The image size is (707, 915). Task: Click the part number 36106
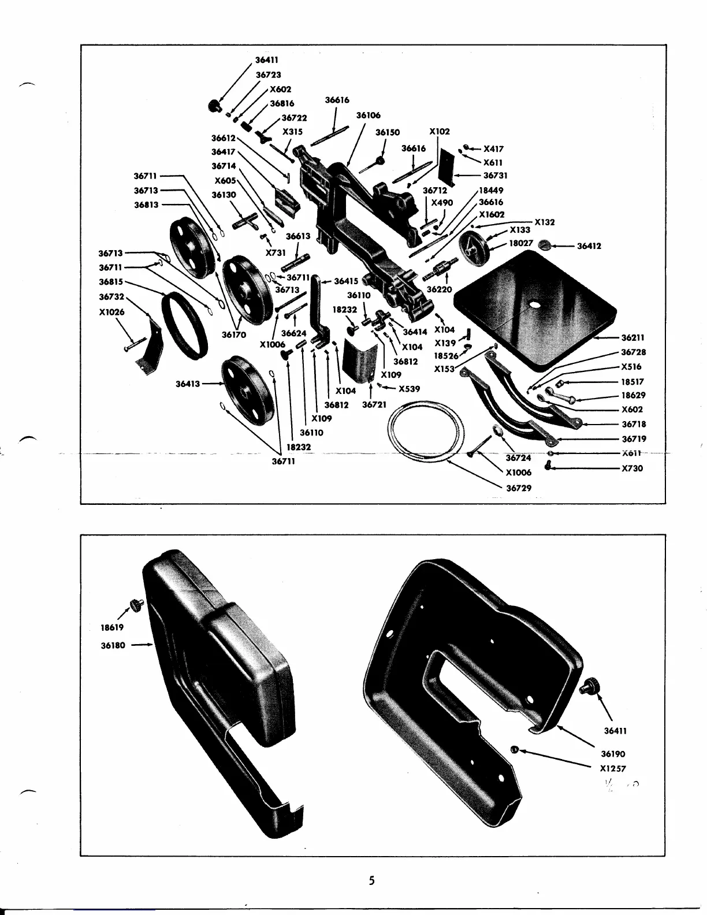click(368, 116)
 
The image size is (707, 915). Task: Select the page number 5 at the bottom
click(372, 881)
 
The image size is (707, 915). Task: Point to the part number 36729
click(519, 488)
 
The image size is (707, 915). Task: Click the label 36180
click(113, 645)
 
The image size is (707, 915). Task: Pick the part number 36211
click(633, 338)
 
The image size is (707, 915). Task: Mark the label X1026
click(112, 311)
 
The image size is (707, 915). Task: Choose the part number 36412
click(589, 246)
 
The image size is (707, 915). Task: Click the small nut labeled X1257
click(513, 750)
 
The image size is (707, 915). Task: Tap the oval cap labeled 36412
click(545, 246)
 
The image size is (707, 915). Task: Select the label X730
click(632, 468)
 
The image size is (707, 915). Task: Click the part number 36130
click(224, 195)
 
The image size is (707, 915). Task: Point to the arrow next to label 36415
click(326, 281)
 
